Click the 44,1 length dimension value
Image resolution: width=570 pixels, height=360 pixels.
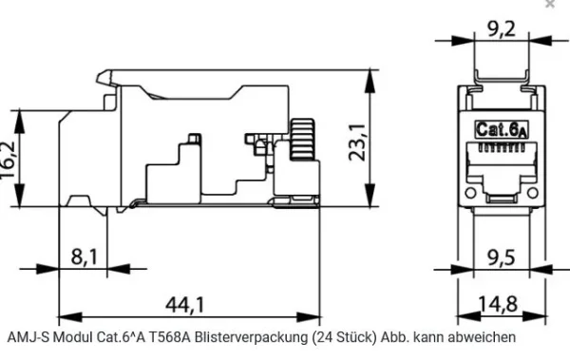[185, 304]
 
